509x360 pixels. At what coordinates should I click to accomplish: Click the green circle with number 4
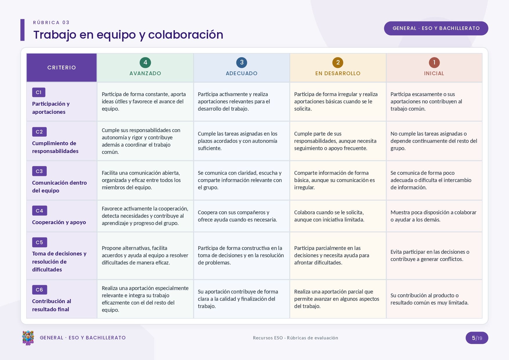[145, 62]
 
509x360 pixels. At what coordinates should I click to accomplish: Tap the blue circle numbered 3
[241, 62]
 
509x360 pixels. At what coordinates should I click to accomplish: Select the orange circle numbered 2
[338, 62]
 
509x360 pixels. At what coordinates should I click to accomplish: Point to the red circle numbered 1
[434, 62]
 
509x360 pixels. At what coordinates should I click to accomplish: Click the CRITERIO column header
[62, 68]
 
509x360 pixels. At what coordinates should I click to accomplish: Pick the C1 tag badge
[39, 92]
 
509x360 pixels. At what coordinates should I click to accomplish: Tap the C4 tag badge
[39, 211]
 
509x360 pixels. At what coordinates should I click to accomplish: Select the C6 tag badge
[39, 290]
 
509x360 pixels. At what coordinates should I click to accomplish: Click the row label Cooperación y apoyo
[59, 222]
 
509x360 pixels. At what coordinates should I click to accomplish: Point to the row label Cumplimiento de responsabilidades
[55, 147]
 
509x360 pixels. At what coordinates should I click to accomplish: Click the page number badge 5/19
[477, 338]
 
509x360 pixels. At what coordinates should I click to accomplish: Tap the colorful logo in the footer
[28, 338]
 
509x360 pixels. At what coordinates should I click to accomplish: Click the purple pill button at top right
[436, 28]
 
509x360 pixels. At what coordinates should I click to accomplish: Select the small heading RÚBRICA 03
[51, 23]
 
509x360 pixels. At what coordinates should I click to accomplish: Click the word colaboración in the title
[186, 35]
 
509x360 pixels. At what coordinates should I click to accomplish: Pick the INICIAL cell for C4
[434, 216]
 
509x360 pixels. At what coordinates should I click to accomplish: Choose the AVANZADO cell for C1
[145, 102]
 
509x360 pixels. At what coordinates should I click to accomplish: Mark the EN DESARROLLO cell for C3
[338, 180]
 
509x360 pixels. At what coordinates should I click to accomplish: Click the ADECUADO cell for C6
[241, 299]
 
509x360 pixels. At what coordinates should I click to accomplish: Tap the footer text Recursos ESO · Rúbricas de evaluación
[295, 338]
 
